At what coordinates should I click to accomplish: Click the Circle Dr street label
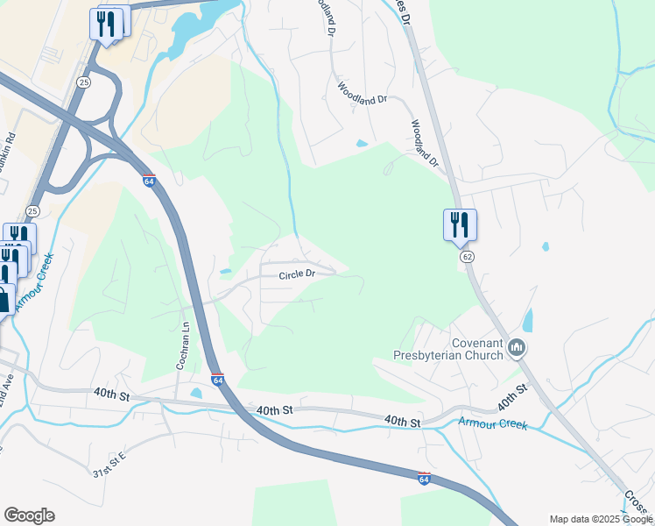296,274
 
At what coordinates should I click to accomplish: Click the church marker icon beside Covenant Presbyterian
517,349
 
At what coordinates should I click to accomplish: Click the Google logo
29,515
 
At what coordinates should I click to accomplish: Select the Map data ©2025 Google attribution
601,519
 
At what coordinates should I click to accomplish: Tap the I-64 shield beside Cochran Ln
217,380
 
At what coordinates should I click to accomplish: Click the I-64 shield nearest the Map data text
424,479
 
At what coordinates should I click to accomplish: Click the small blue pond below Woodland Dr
362,144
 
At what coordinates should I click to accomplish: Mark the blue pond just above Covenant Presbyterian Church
527,320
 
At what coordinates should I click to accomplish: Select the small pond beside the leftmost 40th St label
195,393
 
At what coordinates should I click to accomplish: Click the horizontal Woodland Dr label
363,94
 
